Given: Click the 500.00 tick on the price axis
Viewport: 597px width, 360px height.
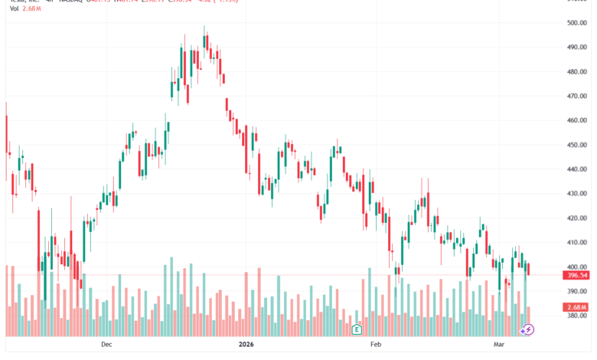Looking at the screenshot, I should (576, 23).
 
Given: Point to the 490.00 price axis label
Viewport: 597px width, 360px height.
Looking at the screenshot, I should (576, 47).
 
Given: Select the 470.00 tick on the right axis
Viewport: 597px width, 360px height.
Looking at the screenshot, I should (576, 97).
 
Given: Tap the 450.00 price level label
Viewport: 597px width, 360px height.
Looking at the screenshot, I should (576, 145).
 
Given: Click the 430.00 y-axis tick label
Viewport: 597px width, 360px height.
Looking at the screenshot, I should (576, 194).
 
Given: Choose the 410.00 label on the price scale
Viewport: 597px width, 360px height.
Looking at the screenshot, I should (576, 243).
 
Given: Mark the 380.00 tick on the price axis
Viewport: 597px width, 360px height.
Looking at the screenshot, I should (576, 316).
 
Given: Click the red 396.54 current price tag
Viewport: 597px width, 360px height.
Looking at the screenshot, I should (577, 275).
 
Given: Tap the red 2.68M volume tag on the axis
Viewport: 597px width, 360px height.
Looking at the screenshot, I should (577, 307).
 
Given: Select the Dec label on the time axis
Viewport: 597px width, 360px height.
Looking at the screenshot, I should (106, 345).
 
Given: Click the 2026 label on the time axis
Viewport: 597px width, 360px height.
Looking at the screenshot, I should (246, 345).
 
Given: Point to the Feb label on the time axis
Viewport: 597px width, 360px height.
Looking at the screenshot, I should (376, 345).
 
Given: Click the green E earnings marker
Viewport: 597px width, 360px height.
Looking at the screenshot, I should (357, 329).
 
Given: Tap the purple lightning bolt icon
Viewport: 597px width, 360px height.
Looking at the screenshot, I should (527, 329).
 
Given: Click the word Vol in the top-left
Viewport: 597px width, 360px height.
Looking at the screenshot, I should (15, 10).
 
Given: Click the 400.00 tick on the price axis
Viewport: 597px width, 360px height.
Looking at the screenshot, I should (576, 267).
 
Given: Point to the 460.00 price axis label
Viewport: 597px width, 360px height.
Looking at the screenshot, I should (576, 120).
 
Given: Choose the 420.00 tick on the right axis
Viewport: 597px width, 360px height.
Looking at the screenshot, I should (576, 218).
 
